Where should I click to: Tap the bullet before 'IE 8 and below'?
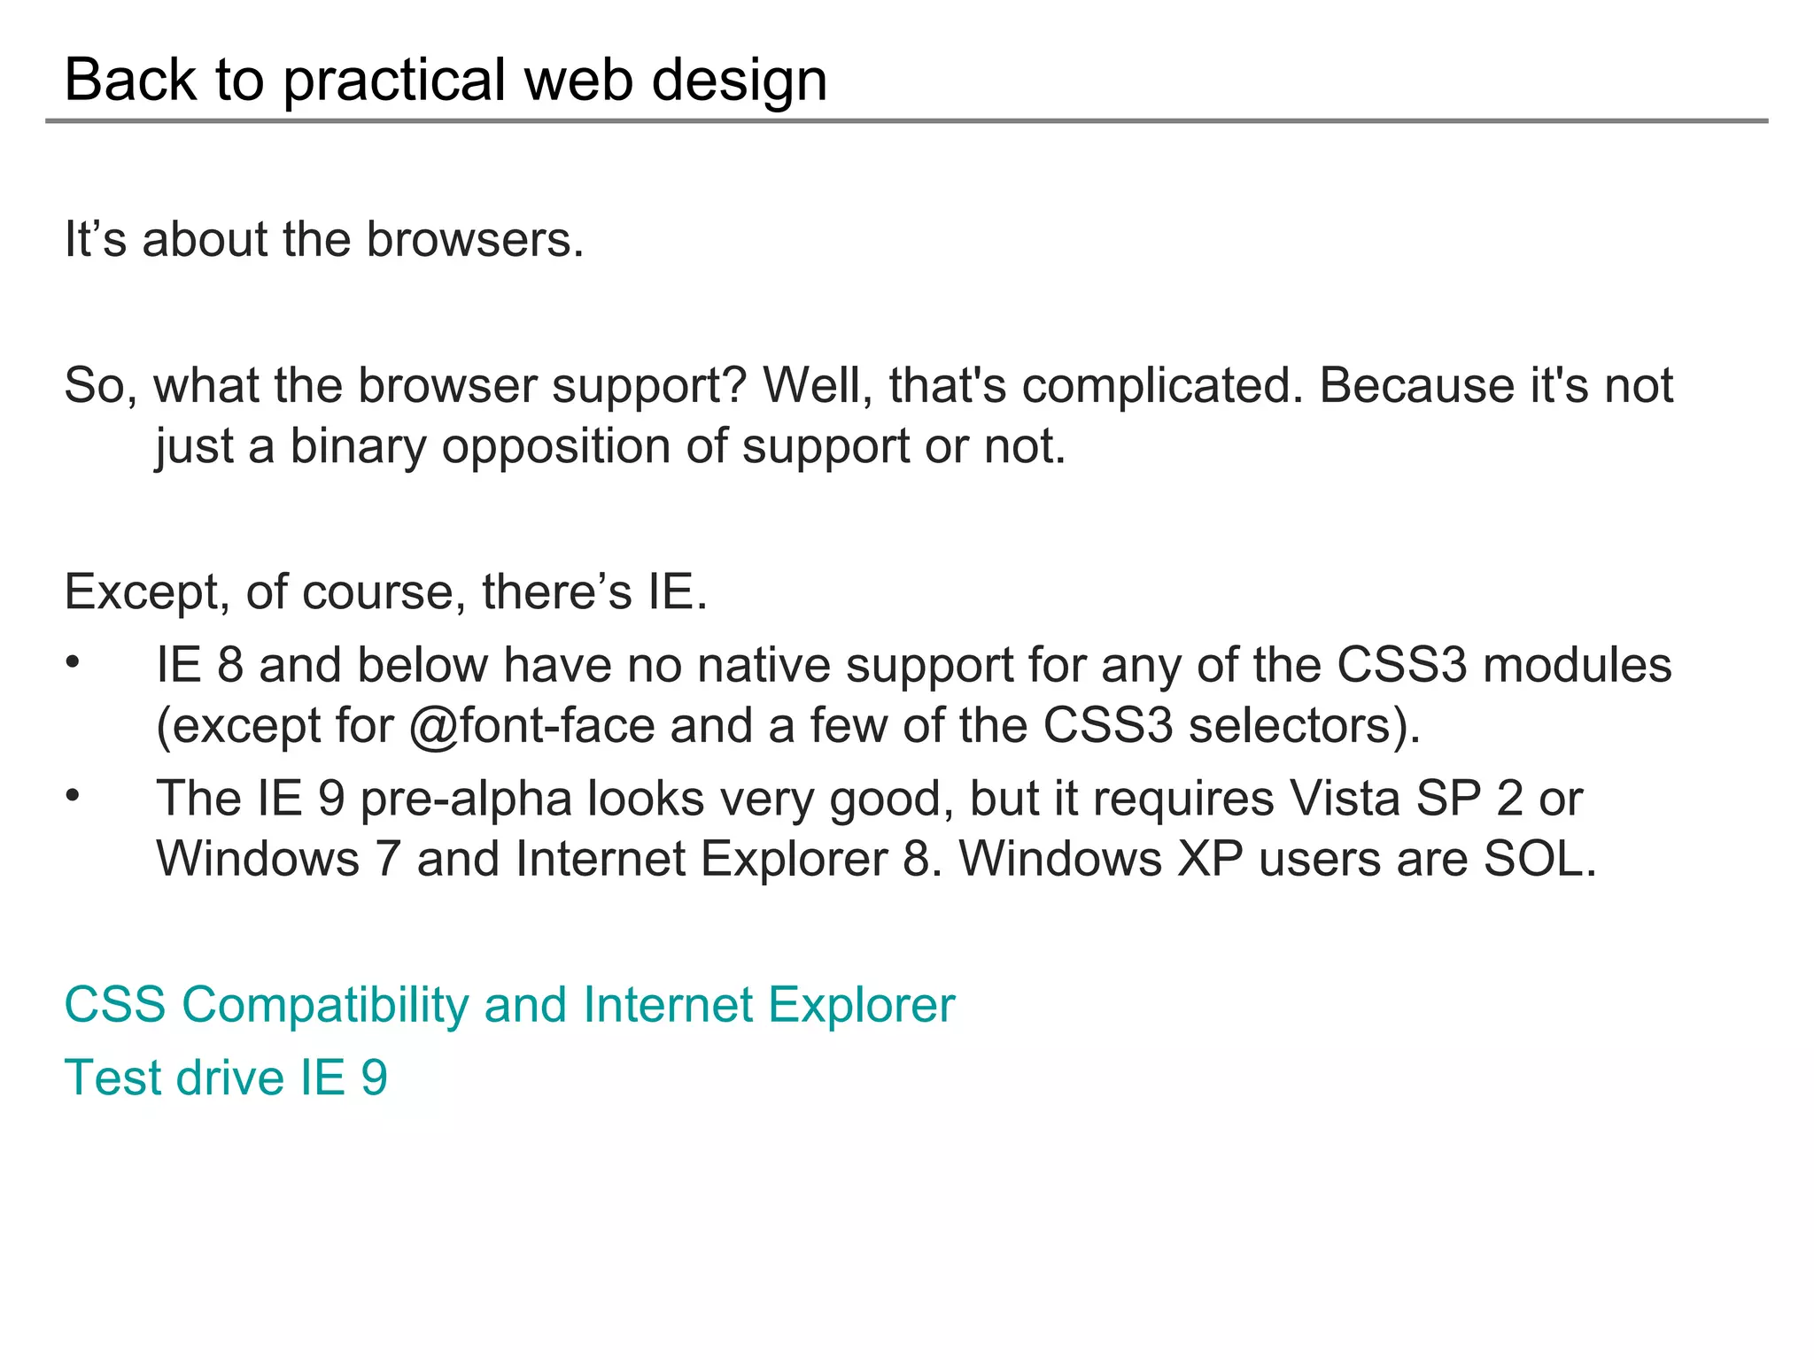pyautogui.click(x=73, y=662)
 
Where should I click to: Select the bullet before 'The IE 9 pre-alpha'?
pyautogui.click(x=73, y=796)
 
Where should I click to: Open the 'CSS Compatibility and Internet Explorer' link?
pyautogui.click(x=509, y=1005)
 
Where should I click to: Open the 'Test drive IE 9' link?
pyautogui.click(x=226, y=1078)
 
